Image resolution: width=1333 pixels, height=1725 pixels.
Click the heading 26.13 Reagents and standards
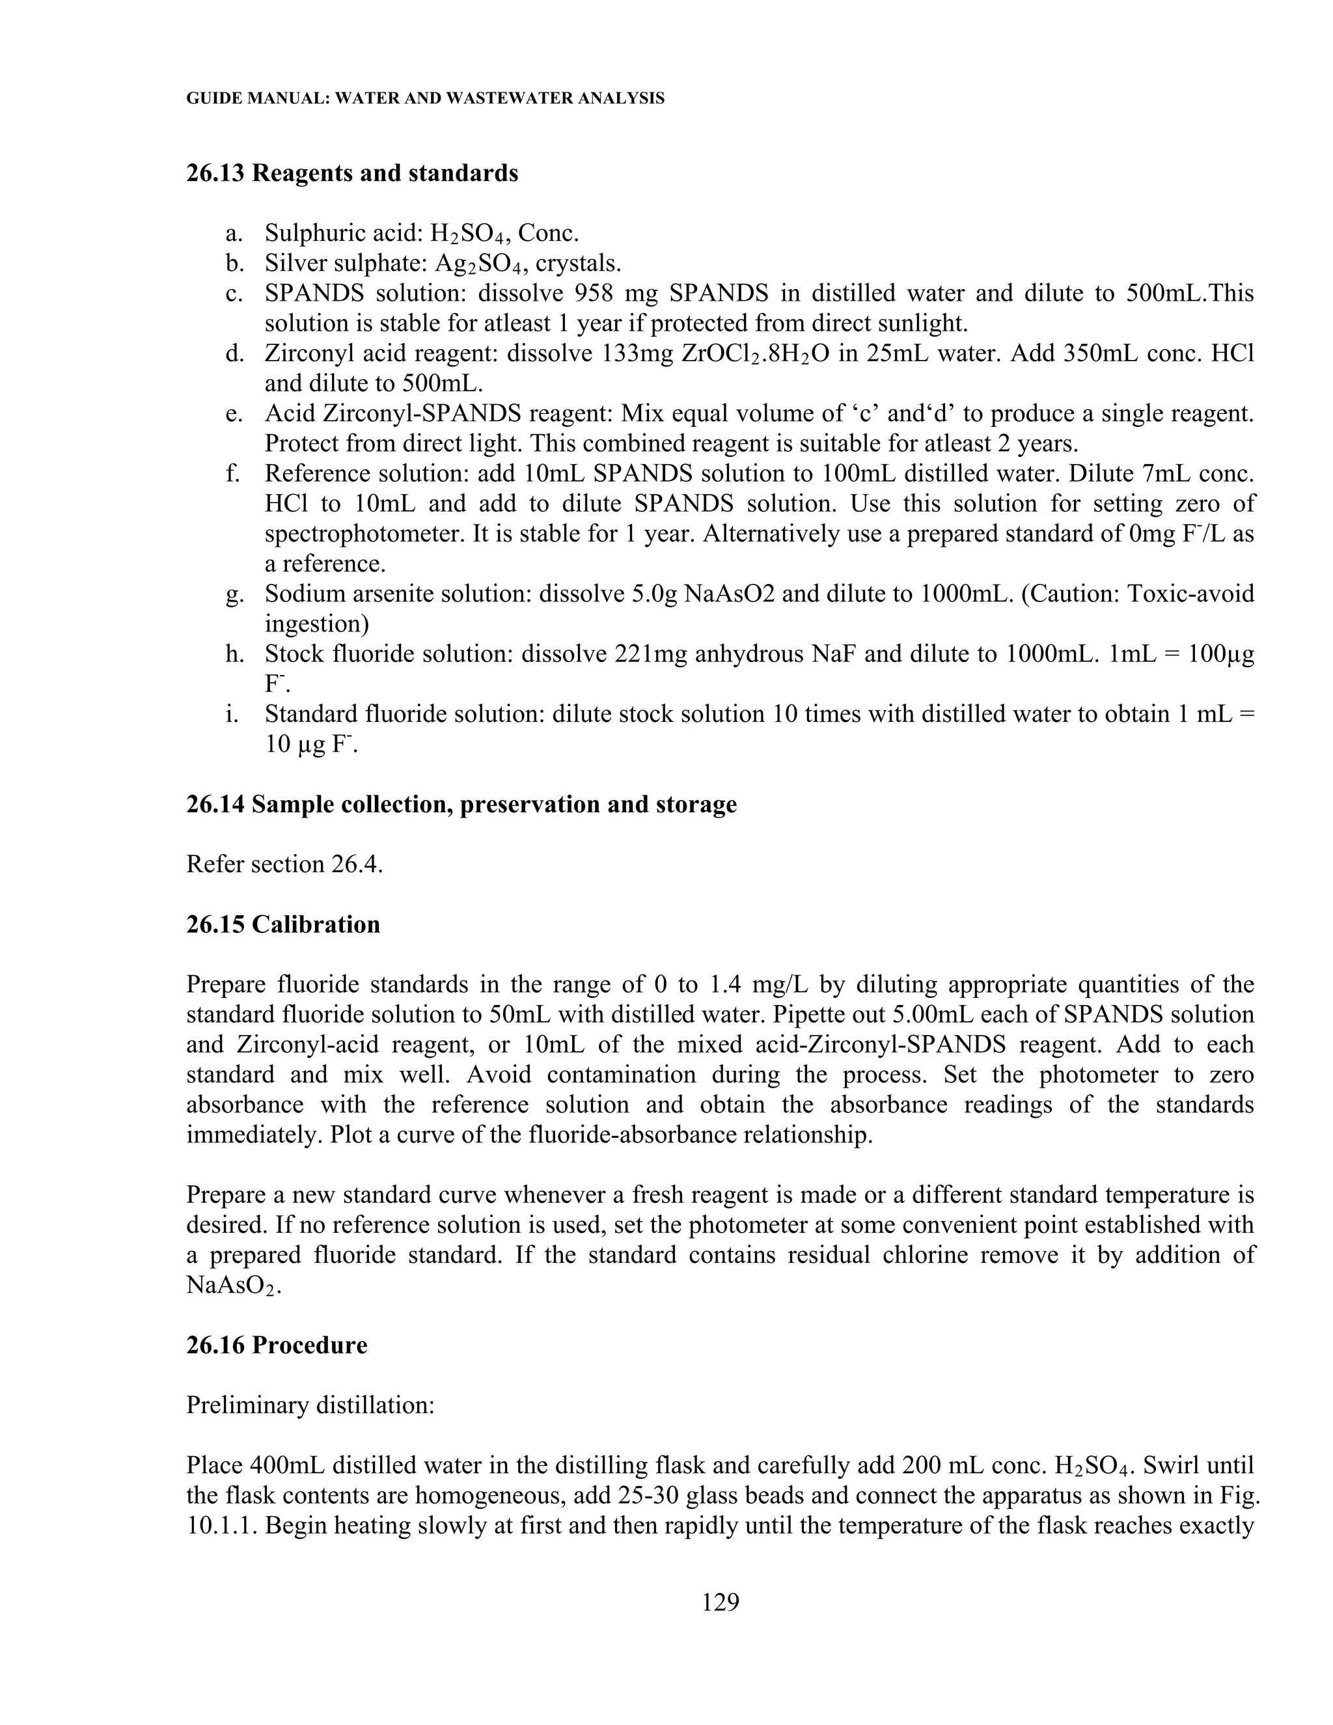pyautogui.click(x=352, y=173)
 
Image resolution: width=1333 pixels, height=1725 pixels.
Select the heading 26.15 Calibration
pyautogui.click(x=282, y=924)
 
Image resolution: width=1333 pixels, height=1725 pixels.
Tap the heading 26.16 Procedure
pyautogui.click(x=277, y=1345)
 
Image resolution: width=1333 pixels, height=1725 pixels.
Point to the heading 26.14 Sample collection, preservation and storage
pyautogui.click(x=461, y=804)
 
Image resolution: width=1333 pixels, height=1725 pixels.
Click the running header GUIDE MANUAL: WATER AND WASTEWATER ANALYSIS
pyautogui.click(x=425, y=99)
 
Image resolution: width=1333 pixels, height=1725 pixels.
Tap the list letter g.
pyautogui.click(x=234, y=594)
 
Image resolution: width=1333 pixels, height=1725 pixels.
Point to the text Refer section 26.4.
pyautogui.click(x=284, y=864)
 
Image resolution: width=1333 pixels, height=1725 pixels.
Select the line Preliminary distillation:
pyautogui.click(x=310, y=1405)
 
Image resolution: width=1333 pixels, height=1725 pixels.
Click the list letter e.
pyautogui.click(x=234, y=414)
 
